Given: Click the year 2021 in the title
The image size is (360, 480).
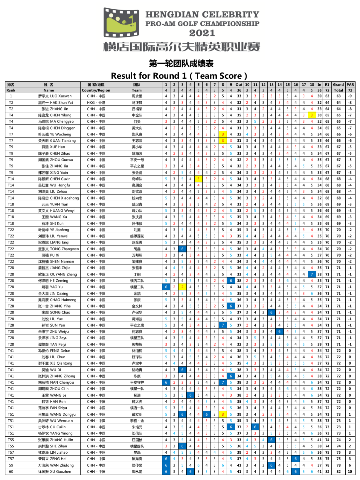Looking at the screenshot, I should (x=202, y=33).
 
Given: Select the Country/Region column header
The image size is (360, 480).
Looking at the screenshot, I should (x=96, y=90).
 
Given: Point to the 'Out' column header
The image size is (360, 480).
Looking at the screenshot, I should (x=239, y=85).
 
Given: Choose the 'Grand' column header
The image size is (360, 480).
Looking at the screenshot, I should (x=338, y=85).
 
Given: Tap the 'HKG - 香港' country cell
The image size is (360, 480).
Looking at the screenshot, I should (x=96, y=103).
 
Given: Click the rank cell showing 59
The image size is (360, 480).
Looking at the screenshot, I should (x=11, y=465).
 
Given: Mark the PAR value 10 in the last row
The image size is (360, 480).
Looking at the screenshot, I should (x=350, y=472).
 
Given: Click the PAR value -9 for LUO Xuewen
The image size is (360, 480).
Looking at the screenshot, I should (x=350, y=96).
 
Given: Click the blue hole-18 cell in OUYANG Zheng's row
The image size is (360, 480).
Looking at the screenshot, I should (x=312, y=275).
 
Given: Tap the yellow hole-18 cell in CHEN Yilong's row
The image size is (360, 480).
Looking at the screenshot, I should (x=312, y=115).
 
